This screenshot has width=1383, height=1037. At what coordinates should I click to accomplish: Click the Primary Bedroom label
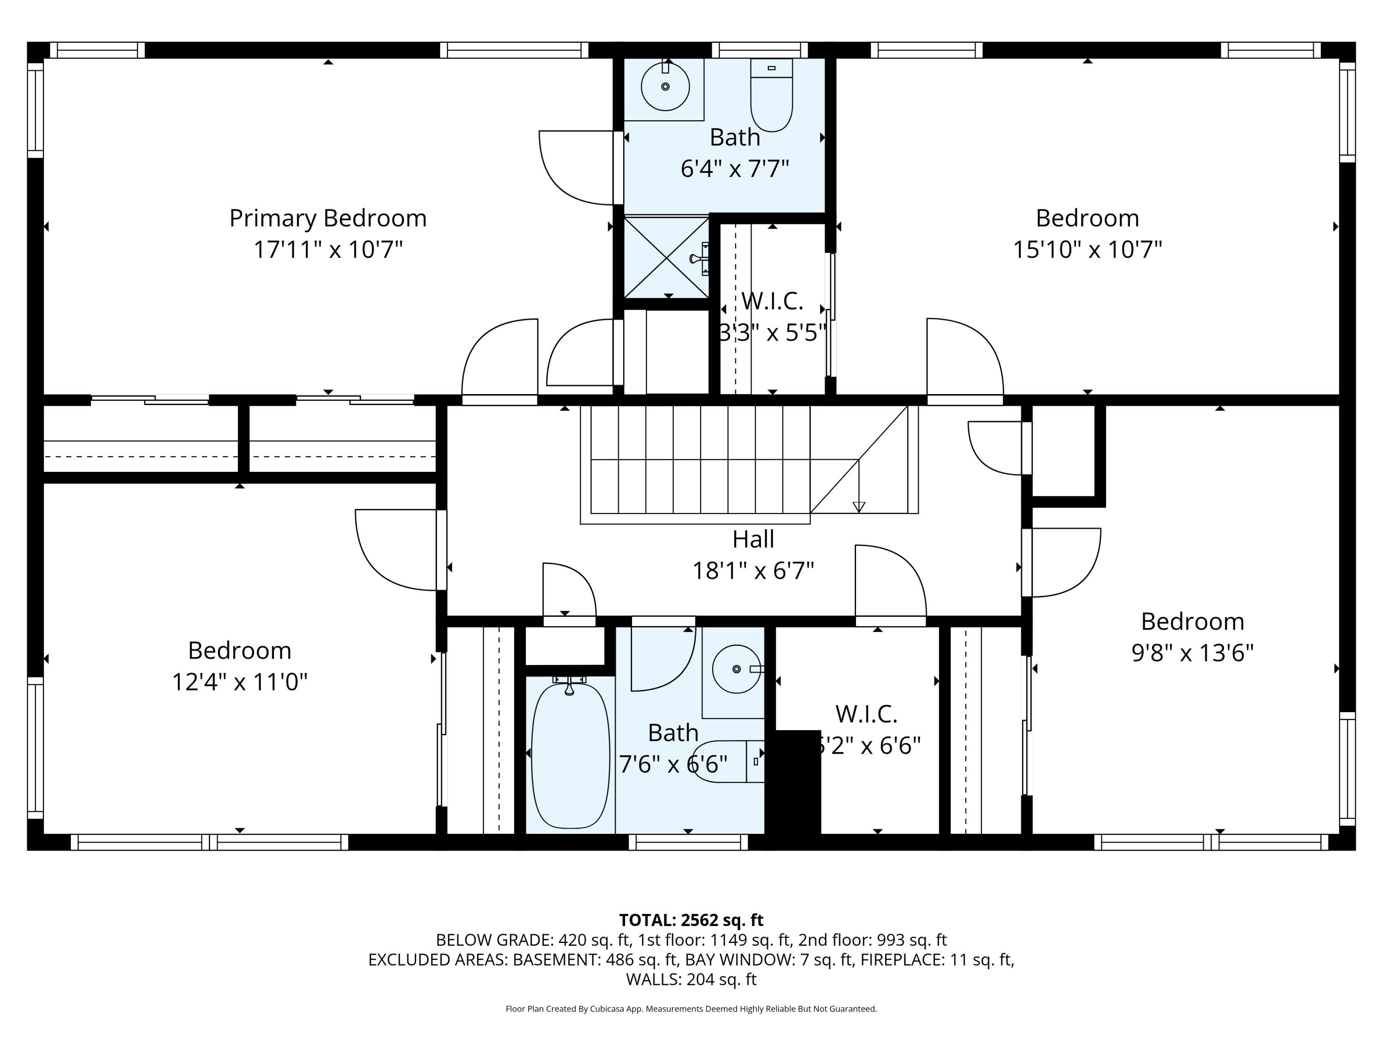tap(328, 218)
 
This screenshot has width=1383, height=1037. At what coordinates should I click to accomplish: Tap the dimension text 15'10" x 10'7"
tap(1087, 250)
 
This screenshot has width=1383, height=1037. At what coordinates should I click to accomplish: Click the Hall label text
tap(753, 539)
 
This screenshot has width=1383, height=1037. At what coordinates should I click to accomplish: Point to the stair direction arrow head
tap(858, 507)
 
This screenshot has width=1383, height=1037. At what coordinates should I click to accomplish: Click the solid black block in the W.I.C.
tap(797, 781)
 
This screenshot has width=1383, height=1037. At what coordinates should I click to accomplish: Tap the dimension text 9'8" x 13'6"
tap(1192, 653)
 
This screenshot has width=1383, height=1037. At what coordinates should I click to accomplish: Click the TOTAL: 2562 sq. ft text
tap(691, 920)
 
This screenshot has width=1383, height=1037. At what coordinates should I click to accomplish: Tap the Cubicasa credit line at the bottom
tap(691, 1009)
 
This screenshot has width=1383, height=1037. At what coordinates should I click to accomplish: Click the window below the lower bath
tap(688, 842)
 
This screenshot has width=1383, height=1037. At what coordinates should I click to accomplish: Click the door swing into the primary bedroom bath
tap(575, 167)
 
